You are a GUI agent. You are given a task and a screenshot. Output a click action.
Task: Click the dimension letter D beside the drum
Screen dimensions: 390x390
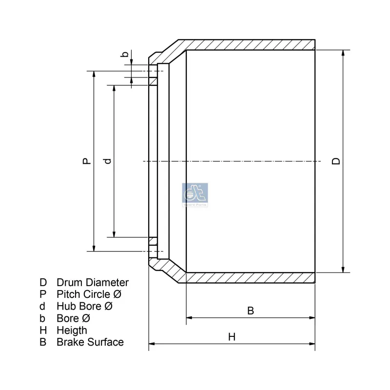[336, 161]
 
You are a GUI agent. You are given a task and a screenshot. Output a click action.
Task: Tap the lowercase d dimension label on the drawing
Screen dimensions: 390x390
[108, 161]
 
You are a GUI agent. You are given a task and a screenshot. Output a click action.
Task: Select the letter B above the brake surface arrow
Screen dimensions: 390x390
[251, 311]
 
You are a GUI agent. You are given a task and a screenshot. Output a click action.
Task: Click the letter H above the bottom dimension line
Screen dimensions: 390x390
[232, 336]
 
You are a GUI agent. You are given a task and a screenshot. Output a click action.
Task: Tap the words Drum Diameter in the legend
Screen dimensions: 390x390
[93, 282]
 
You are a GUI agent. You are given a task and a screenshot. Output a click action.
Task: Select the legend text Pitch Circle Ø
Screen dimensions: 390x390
[89, 294]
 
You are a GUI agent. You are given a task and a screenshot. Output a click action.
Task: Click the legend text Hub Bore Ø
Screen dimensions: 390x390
[85, 306]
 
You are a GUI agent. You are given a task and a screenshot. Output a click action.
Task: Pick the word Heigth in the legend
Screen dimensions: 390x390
[72, 330]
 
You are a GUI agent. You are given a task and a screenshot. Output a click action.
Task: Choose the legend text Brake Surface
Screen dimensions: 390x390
[90, 342]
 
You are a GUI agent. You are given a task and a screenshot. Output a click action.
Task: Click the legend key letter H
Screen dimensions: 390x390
[43, 330]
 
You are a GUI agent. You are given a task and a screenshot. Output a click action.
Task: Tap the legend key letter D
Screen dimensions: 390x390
[43, 282]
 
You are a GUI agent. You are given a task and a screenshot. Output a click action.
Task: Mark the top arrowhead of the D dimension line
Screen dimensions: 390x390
[344, 53]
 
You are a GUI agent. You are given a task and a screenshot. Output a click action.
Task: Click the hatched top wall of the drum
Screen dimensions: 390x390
[249, 44]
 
